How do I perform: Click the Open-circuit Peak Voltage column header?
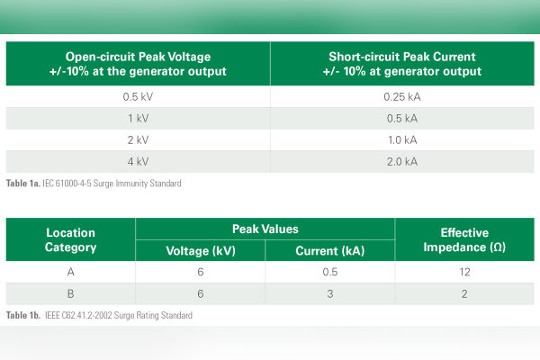coord(137,63)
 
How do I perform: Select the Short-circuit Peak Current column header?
coord(404,63)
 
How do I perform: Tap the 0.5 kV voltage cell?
coord(137,96)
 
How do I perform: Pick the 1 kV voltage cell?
coord(137,118)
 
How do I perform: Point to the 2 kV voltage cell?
coord(137,140)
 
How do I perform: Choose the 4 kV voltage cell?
coord(137,162)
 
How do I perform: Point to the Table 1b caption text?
coord(99,316)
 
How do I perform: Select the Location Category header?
coord(70,240)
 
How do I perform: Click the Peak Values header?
coord(265,229)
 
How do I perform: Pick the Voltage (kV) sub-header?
coord(201,251)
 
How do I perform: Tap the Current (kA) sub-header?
coord(329,251)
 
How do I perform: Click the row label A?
coord(70,273)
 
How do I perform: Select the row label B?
coord(70,294)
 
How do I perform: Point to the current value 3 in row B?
coord(329,294)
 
